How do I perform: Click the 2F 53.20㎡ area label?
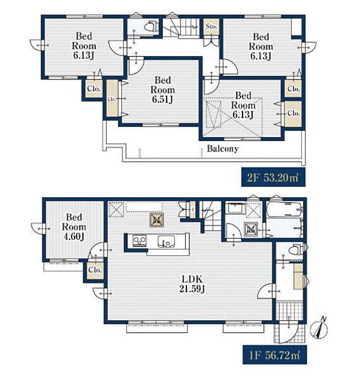(273, 177)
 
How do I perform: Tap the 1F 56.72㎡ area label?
(275, 355)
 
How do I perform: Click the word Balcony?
(222, 148)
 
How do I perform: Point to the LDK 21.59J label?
(192, 284)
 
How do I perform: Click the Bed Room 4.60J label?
(74, 227)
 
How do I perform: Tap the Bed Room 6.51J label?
(162, 90)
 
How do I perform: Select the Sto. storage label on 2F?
(212, 27)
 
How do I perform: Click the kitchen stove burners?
(140, 241)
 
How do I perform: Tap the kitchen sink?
(166, 241)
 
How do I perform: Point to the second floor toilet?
(150, 26)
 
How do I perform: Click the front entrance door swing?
(289, 332)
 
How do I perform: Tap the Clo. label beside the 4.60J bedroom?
(95, 270)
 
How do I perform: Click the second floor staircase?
(182, 28)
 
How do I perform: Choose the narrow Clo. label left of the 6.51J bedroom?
(111, 99)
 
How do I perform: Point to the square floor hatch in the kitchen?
(157, 220)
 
